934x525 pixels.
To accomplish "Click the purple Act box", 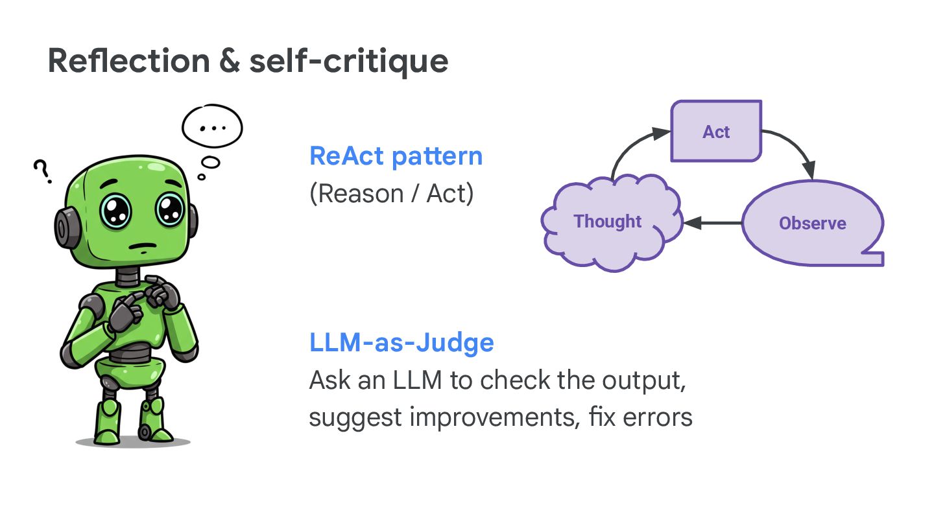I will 715,132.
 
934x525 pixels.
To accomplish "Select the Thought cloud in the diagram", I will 608,222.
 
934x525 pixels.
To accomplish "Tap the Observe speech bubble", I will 812,224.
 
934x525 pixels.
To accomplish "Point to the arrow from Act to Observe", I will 795,146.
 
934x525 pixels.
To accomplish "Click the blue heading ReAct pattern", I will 396,156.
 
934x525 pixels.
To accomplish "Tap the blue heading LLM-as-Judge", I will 401,342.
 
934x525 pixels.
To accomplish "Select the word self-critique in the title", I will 349,61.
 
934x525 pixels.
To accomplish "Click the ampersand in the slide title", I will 230,61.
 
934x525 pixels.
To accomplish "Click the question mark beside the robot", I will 42,172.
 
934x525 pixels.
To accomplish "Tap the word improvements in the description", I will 490,417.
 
